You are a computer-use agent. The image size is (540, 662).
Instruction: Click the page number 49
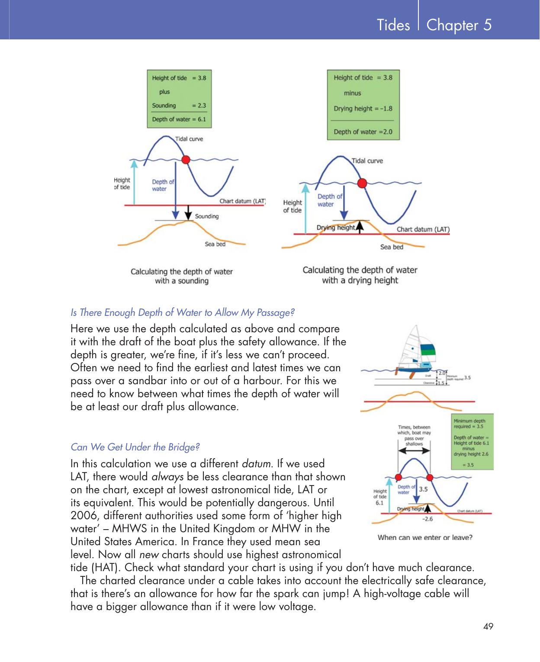pyautogui.click(x=489, y=626)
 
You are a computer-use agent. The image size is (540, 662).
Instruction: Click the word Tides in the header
pyautogui.click(x=393, y=25)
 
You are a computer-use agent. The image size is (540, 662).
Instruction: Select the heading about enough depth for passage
pyautogui.click(x=182, y=312)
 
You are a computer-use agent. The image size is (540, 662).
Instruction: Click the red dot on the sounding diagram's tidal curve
pyautogui.click(x=186, y=160)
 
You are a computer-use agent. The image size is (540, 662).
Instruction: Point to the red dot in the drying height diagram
pyautogui.click(x=362, y=183)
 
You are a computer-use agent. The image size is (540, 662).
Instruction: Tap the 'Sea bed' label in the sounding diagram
pyautogui.click(x=215, y=244)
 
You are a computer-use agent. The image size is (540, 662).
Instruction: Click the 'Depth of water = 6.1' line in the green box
pyautogui.click(x=179, y=119)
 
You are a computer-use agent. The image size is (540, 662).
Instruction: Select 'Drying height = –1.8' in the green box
pyautogui.click(x=363, y=109)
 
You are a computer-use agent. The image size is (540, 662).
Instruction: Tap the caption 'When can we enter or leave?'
pyautogui.click(x=425, y=537)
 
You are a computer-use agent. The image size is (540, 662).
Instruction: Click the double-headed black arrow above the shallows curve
pyautogui.click(x=414, y=451)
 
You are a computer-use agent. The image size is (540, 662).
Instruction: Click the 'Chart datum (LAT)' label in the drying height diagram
pyautogui.click(x=423, y=229)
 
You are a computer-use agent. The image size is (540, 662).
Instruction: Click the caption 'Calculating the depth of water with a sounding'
pyautogui.click(x=182, y=276)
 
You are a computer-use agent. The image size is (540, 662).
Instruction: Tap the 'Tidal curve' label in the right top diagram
pyautogui.click(x=367, y=161)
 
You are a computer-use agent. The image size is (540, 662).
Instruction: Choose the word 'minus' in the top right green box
pyautogui.click(x=352, y=93)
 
